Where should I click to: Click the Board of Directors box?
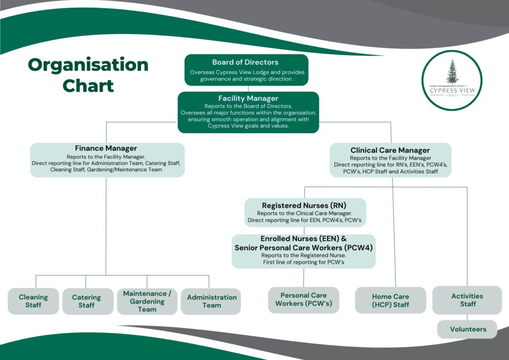pos(246,70)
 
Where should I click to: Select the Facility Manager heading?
pos(248,98)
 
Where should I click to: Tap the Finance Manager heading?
pos(106,148)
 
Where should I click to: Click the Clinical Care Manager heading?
pos(390,150)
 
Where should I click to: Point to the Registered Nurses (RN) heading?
pos(304,205)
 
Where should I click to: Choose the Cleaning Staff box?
pos(33,301)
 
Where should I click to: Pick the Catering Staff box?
pos(86,301)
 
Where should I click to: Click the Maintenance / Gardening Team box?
pos(147,301)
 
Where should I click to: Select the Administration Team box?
pos(212,301)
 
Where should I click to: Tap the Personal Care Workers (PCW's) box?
pos(304,299)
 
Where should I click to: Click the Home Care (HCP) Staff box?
pos(391,300)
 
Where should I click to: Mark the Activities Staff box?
pos(467,300)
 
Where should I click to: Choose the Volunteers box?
pos(467,329)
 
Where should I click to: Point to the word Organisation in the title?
pos(88,65)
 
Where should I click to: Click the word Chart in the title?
pos(88,86)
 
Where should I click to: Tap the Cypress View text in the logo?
pos(452,90)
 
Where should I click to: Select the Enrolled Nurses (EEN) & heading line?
pos(304,239)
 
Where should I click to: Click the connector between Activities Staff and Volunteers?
pos(467,317)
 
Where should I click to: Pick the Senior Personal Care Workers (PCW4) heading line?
pos(304,247)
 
